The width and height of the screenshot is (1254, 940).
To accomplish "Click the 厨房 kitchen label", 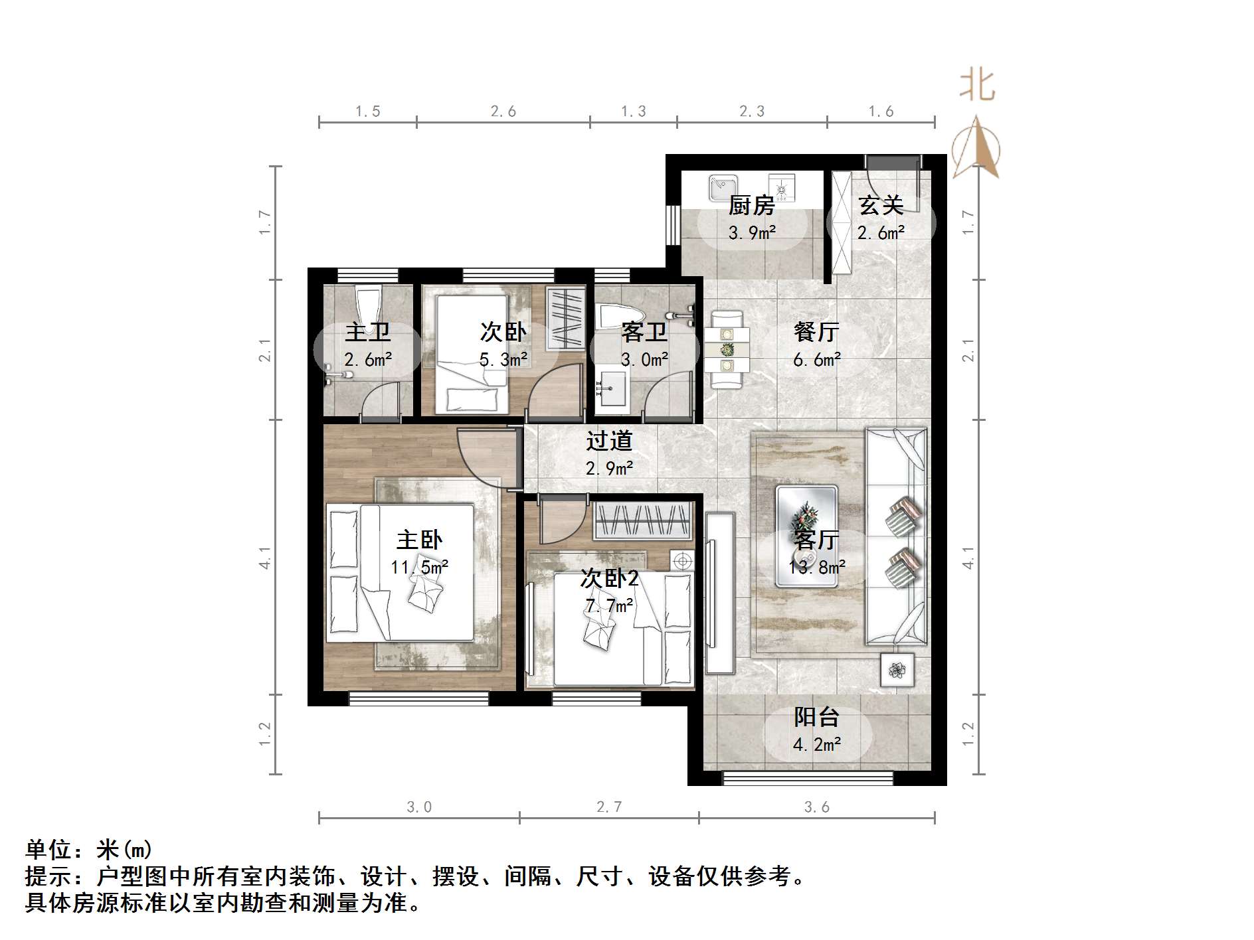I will (x=751, y=205).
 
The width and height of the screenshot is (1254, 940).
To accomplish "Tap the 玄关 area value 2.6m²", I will (x=881, y=233).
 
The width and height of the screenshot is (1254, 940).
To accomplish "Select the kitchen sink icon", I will (x=722, y=187).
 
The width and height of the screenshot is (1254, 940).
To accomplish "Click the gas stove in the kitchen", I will (x=782, y=187).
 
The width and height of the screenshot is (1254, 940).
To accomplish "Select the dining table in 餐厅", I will (x=727, y=349).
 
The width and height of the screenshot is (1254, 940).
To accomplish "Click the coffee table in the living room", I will (x=806, y=536).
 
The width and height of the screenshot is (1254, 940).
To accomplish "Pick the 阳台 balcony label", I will (x=816, y=717).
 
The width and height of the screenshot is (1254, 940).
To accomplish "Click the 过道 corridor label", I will (x=609, y=441).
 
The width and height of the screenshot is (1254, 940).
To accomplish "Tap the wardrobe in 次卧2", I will (x=642, y=520).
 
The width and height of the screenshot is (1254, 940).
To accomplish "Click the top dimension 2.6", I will (x=503, y=112).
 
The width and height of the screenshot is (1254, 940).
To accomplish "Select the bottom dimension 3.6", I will (x=816, y=807).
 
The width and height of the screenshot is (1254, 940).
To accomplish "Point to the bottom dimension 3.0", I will (x=419, y=807).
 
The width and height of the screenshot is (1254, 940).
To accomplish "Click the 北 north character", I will (x=976, y=86).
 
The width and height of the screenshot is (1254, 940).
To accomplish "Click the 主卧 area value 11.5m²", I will (x=419, y=568).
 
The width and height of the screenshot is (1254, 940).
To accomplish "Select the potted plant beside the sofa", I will (x=897, y=670).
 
